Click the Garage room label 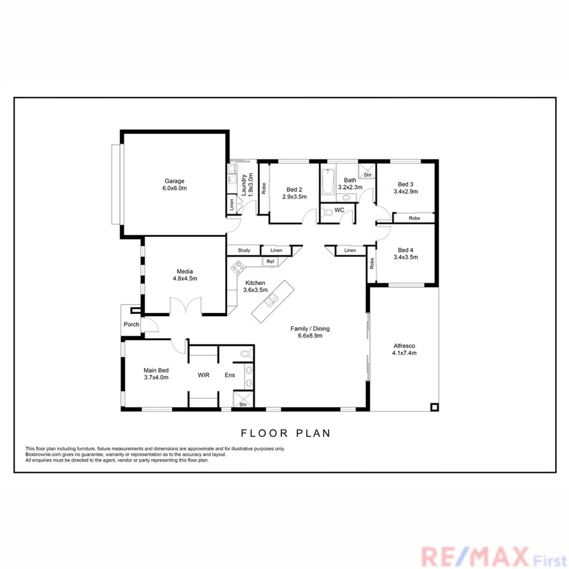(x=174, y=181)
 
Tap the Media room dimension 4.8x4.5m (x=185, y=278)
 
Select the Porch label (x=131, y=324)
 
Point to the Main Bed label (x=154, y=370)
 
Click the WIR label (x=203, y=375)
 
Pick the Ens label (x=229, y=375)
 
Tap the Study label (x=243, y=250)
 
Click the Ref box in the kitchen (x=270, y=261)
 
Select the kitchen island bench (x=272, y=300)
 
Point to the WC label (x=339, y=210)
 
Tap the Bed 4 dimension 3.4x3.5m (x=406, y=257)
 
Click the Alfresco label (x=404, y=345)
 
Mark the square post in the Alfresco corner (x=433, y=407)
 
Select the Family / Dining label (x=310, y=328)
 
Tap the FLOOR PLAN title (x=286, y=433)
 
